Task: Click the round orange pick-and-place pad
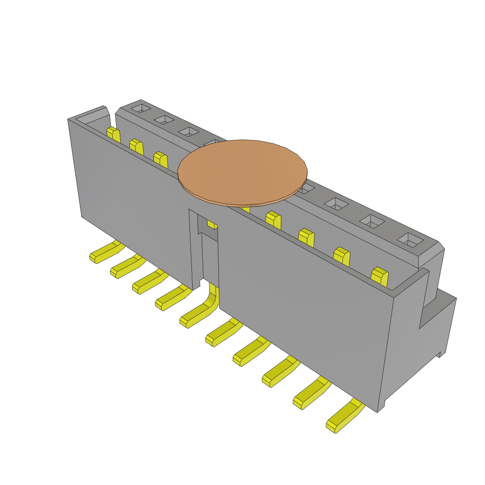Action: [242, 172]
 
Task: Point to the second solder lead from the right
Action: [312, 394]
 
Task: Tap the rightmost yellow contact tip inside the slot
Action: [380, 277]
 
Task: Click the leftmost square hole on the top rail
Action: [140, 109]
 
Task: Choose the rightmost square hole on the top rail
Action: [410, 240]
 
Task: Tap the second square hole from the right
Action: [373, 221]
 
